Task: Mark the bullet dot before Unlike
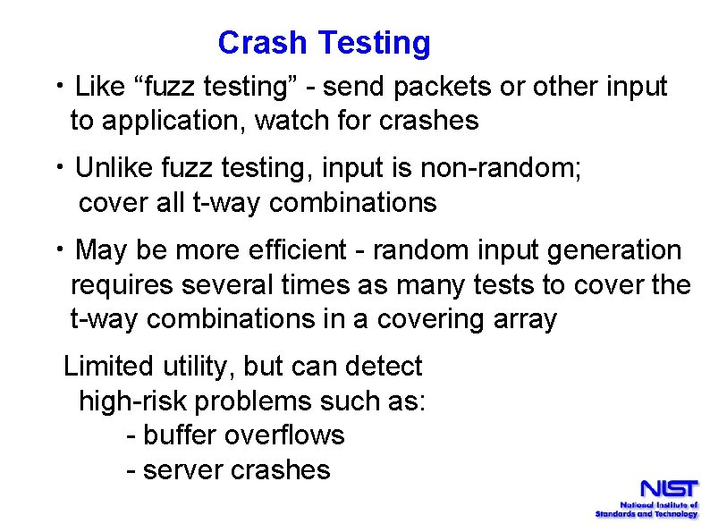click(59, 168)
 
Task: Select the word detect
click(383, 366)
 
